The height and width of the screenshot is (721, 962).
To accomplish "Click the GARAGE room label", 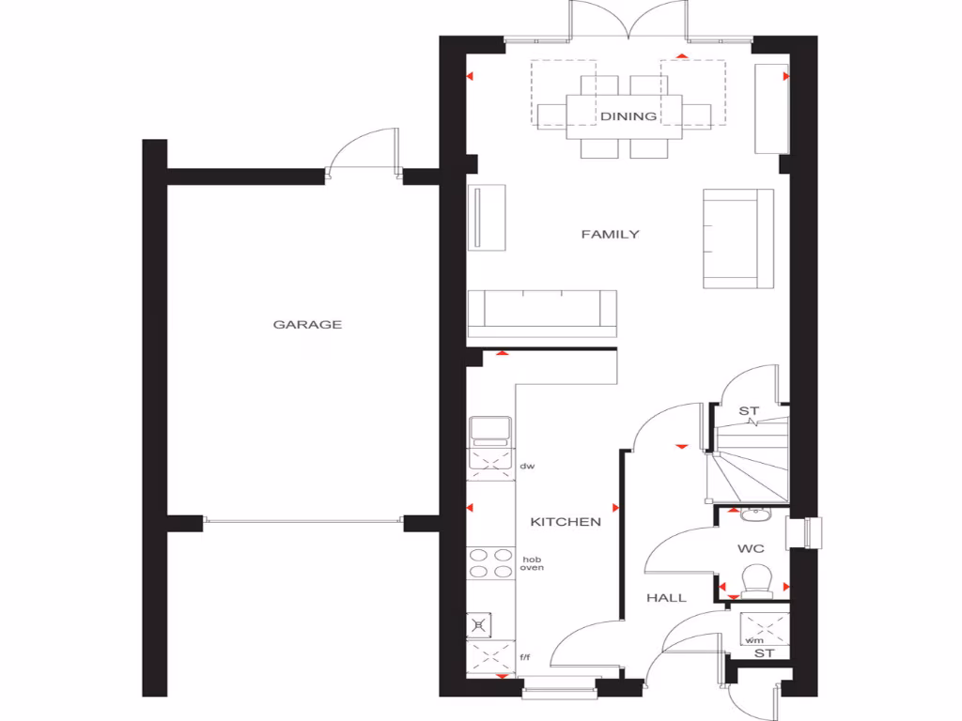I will [x=307, y=325].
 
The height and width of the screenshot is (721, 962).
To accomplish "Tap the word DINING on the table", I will [x=628, y=116].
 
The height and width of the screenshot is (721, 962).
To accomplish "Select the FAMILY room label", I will [x=610, y=234].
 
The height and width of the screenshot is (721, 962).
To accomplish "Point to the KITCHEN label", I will [x=565, y=522].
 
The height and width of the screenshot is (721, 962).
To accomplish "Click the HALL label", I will [x=665, y=597].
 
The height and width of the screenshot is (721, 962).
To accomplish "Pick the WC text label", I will [x=751, y=547].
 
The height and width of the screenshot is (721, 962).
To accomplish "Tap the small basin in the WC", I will [x=753, y=514].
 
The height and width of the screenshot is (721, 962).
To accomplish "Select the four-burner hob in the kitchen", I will [x=490, y=562].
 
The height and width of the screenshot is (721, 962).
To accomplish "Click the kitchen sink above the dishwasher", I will [x=490, y=430].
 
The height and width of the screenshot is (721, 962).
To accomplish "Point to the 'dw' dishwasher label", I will [x=527, y=466].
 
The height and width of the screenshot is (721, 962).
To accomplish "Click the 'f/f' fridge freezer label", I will [x=526, y=658].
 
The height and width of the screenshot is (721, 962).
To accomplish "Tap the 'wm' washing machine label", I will [x=753, y=640].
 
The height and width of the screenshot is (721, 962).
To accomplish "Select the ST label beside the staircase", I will [x=748, y=411].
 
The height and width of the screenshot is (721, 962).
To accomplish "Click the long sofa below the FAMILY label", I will [x=542, y=313].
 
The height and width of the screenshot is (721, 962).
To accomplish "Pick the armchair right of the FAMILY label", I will [x=737, y=238].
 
